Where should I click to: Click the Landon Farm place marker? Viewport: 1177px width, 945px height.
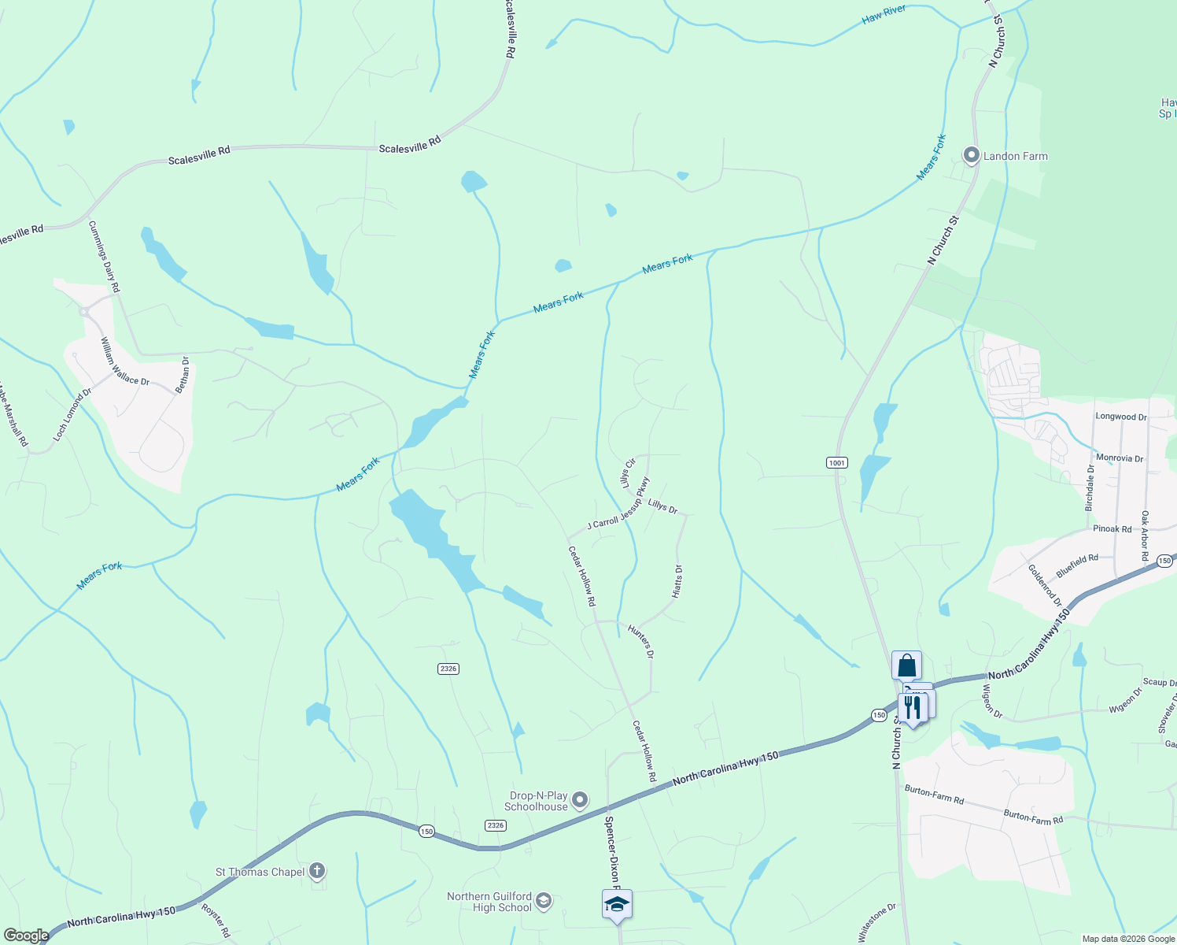pos(971,155)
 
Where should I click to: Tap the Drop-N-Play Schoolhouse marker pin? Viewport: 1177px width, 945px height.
pos(580,800)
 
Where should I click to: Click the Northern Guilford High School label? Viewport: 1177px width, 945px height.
pos(489,902)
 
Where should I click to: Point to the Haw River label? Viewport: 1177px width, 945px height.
pos(884,14)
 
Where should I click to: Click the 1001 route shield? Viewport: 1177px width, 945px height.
pos(836,462)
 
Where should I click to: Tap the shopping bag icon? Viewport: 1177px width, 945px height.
pos(906,665)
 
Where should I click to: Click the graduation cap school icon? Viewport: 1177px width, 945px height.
pos(617,905)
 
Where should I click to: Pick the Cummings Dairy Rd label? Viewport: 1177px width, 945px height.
pos(104,256)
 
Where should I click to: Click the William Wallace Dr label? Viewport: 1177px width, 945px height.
pos(124,361)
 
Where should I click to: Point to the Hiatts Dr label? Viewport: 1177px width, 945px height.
pos(678,581)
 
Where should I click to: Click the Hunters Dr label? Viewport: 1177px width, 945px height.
pos(641,640)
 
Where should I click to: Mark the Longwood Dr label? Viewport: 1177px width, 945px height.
pos(1120,417)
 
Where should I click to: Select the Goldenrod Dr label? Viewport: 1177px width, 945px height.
pos(1045,584)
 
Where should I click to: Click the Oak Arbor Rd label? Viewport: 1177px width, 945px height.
pos(1145,535)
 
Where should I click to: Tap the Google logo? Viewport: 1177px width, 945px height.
pos(26,936)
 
